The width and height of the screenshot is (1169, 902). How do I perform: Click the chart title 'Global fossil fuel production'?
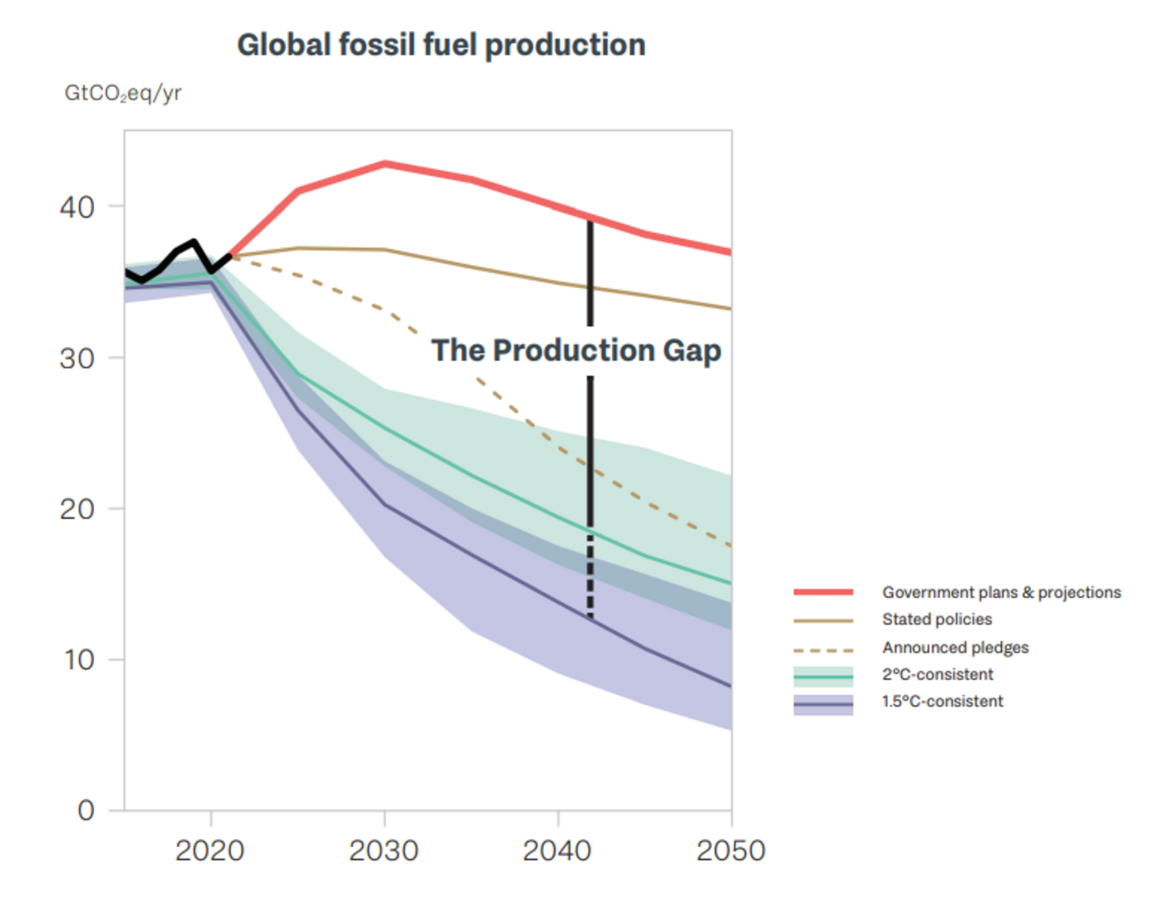(x=441, y=45)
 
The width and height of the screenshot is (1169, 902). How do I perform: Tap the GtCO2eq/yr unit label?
(x=123, y=94)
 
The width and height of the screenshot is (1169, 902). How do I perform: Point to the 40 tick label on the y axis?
(x=77, y=207)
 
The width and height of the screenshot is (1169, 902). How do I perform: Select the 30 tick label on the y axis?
(x=77, y=358)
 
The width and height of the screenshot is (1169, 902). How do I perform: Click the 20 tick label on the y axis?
(x=77, y=509)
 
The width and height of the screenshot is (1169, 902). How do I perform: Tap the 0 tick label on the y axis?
(x=86, y=811)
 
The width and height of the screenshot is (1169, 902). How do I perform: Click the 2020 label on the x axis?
(x=210, y=850)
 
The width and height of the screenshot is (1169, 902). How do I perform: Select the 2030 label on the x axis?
(x=384, y=850)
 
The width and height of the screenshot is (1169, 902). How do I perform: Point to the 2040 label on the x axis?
(x=557, y=850)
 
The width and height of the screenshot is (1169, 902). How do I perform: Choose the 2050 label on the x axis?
(x=731, y=850)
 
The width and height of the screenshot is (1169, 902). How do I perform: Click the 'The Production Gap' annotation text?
(x=577, y=352)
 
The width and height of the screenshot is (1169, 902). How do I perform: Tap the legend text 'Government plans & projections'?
(x=1002, y=592)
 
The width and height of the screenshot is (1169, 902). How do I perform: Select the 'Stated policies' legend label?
(x=937, y=620)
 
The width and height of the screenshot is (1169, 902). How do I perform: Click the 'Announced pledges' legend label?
(x=955, y=648)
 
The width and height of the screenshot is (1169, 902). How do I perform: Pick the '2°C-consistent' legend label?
(x=938, y=674)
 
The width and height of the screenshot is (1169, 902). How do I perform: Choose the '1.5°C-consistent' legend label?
(x=943, y=701)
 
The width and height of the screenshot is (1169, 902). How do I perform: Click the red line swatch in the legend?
(x=823, y=592)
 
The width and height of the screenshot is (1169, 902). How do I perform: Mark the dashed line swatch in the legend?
(x=823, y=651)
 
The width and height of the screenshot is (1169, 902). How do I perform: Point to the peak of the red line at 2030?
(x=384, y=163)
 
